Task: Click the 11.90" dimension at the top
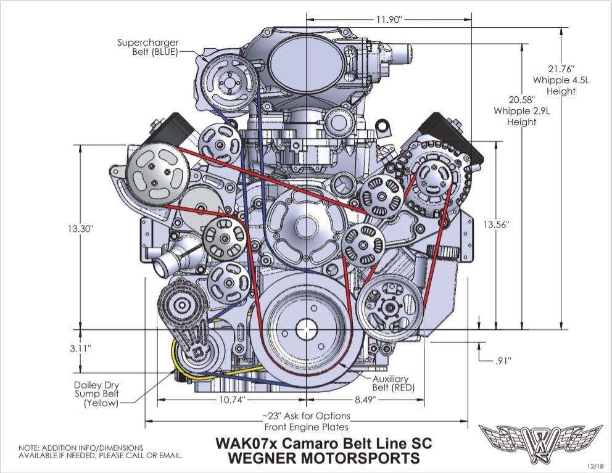coord(389,19)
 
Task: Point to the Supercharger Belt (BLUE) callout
coord(147,47)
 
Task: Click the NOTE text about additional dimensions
coord(101,452)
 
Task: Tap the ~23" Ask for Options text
coord(307,416)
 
